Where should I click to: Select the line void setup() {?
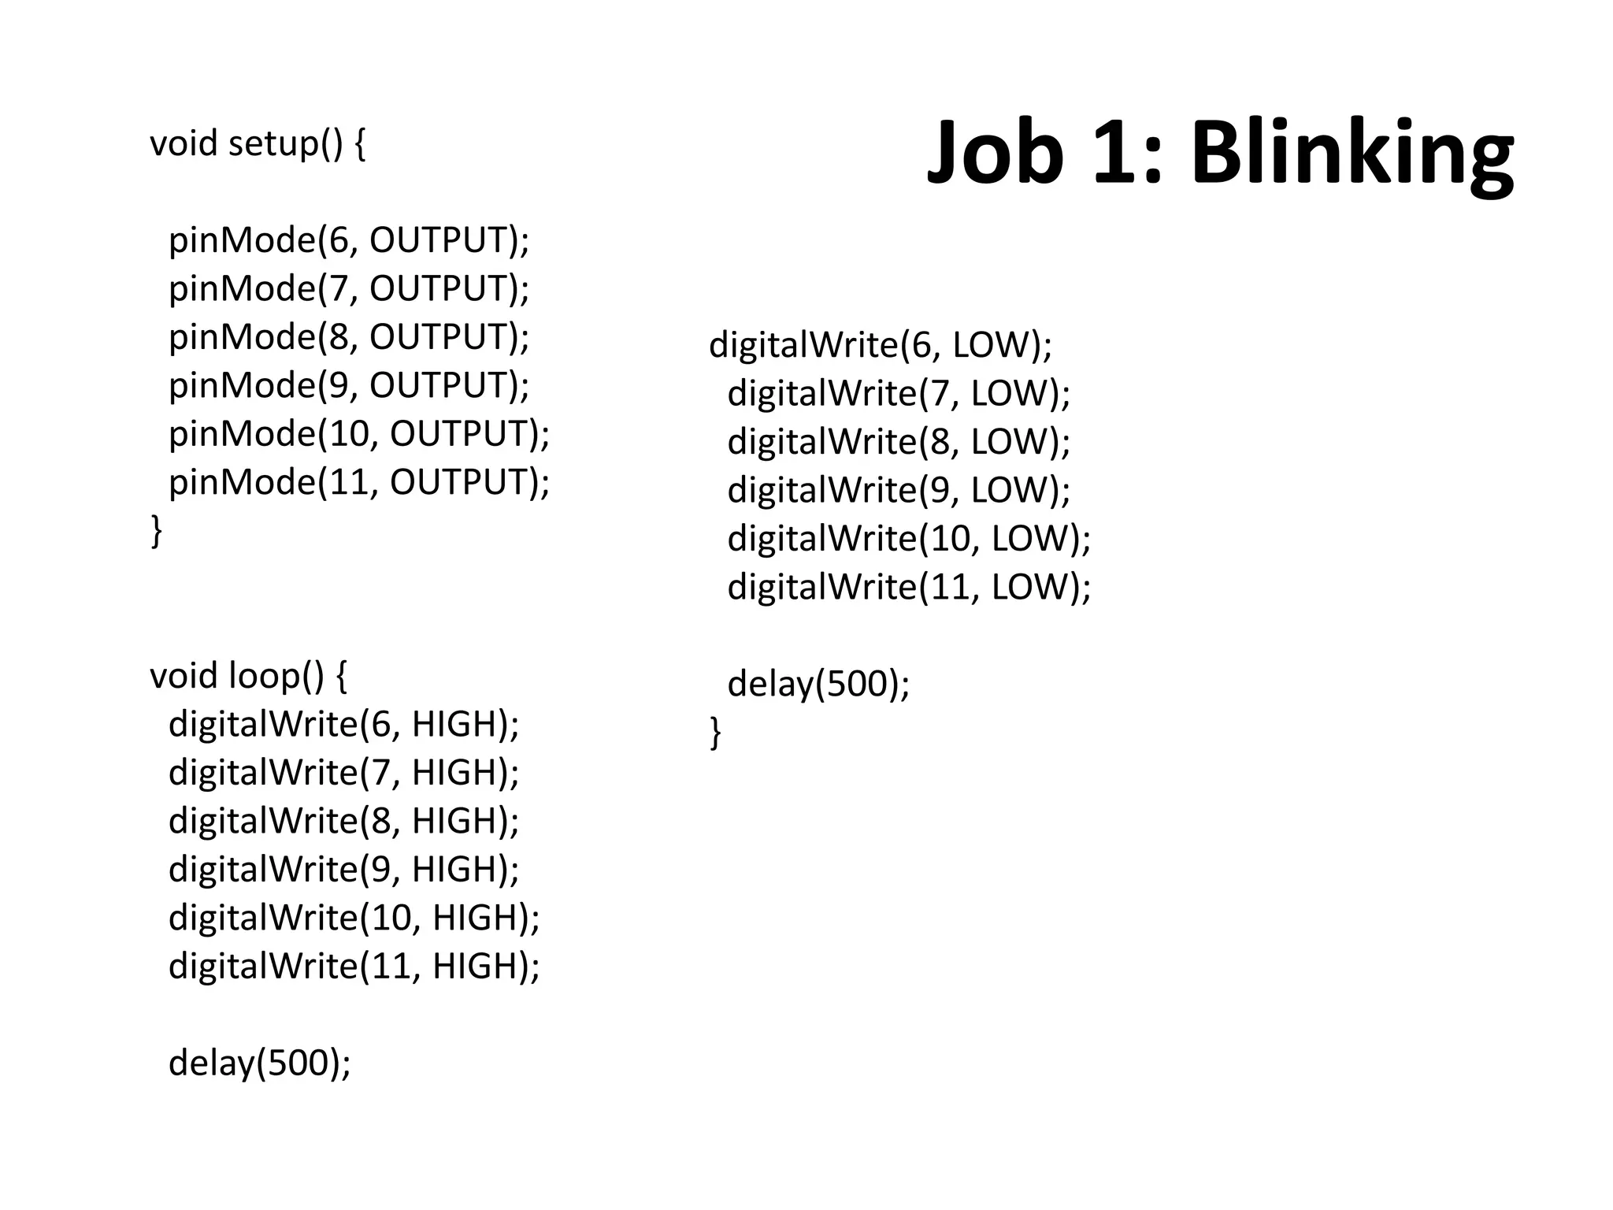258,144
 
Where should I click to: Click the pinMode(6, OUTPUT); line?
349,240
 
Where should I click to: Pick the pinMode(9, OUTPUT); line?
349,385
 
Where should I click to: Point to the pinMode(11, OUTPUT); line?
358,482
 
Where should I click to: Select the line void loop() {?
248,676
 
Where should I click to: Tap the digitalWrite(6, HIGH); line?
343,724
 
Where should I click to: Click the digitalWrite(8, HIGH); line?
343,821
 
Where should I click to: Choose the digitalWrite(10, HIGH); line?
354,918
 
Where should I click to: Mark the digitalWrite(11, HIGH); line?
354,967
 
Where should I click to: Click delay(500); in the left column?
259,1063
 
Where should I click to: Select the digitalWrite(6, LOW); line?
880,345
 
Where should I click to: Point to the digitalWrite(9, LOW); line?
899,490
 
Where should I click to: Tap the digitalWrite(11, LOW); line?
909,587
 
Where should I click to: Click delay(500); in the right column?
818,684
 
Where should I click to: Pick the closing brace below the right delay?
715,733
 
